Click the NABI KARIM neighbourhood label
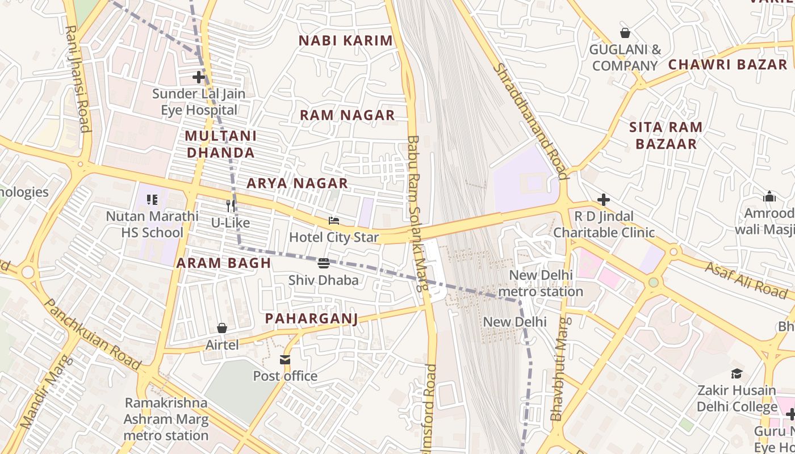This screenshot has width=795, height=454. point(346,41)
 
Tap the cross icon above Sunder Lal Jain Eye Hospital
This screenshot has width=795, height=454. point(199,77)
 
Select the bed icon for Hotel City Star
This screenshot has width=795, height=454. point(334,220)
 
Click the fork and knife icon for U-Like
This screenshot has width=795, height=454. point(231,205)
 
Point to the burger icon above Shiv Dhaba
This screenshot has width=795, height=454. point(324,263)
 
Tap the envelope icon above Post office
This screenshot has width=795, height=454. point(285,359)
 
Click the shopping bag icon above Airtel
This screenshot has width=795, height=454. point(222,328)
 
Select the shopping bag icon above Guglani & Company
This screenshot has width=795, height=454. point(625,33)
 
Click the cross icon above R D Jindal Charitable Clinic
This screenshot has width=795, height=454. point(604,200)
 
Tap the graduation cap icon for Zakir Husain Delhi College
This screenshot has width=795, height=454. point(737,373)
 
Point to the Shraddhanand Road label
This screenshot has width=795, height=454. point(530,120)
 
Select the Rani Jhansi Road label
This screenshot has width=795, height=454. point(78,78)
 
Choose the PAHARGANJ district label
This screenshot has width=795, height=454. point(312,319)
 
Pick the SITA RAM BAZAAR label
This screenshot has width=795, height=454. point(666,136)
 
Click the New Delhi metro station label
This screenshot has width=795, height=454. point(541,283)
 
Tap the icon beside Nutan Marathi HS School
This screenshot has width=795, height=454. point(152,199)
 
